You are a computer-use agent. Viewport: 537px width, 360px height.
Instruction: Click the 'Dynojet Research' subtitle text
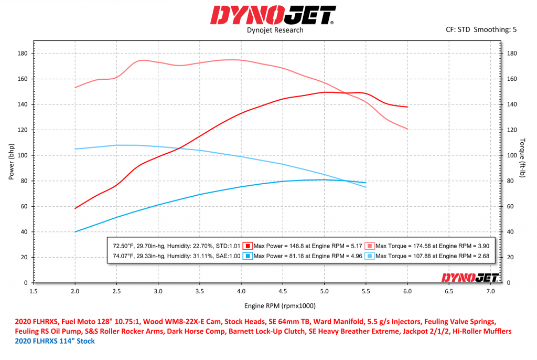(x=275, y=30)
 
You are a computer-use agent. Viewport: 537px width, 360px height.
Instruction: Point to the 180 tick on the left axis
(x=23, y=54)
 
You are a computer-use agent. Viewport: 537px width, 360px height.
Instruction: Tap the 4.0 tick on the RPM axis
(x=241, y=290)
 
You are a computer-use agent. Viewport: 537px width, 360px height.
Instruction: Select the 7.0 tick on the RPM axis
(x=491, y=290)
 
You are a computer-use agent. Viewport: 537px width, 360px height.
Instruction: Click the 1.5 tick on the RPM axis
(x=34, y=290)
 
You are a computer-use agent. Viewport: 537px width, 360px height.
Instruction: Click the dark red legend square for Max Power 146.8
(x=249, y=246)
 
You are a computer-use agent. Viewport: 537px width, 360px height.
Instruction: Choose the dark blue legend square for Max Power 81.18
(x=249, y=256)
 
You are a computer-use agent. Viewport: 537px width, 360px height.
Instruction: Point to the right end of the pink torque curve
(x=407, y=129)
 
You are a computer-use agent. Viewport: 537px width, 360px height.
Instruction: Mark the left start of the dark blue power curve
(x=76, y=231)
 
